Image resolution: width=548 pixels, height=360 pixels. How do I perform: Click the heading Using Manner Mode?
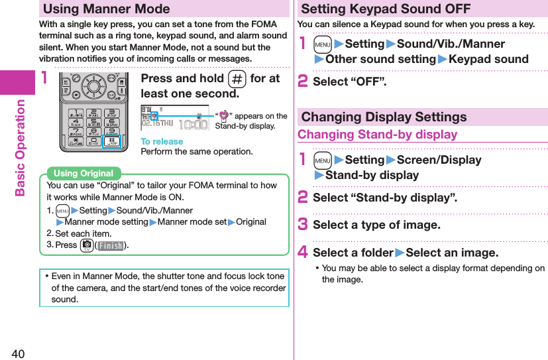point(106,9)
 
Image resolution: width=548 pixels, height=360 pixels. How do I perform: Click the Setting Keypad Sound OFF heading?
point(386,9)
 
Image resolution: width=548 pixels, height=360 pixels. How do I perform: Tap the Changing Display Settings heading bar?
point(384,117)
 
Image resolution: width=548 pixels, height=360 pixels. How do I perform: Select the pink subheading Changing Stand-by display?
point(377,135)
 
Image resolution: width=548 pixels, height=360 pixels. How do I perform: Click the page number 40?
point(17,352)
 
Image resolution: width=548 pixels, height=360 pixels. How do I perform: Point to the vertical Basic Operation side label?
point(20,147)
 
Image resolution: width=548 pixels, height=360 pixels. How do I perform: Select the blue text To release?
point(162,141)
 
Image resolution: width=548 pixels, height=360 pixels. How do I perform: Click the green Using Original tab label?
point(83,174)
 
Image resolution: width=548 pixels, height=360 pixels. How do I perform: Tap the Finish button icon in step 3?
point(110,246)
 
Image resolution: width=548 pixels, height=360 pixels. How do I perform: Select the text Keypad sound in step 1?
point(488,59)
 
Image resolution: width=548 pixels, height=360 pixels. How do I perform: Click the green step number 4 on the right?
point(303,253)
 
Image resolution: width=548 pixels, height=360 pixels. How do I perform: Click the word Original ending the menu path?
point(251,222)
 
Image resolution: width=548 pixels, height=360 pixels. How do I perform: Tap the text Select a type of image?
point(376,225)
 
